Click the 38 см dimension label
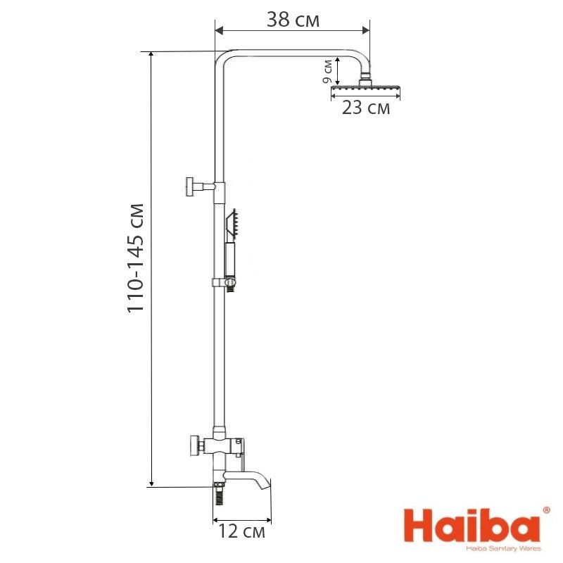(x=293, y=20)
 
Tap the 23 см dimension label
(x=365, y=108)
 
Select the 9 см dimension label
(x=327, y=71)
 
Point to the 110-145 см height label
(x=136, y=258)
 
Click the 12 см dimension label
(x=241, y=531)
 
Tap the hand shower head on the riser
(x=232, y=224)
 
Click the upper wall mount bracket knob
(x=190, y=186)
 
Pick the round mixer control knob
(x=194, y=445)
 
